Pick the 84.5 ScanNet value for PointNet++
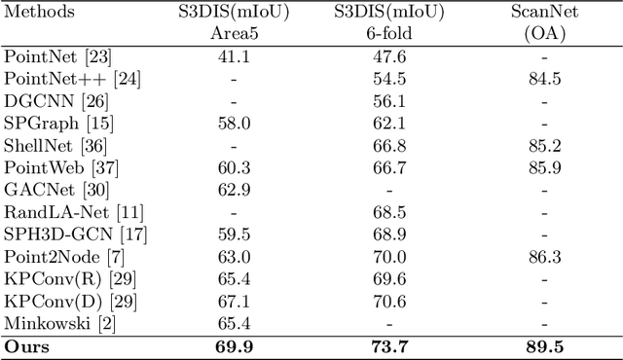pyautogui.click(x=544, y=77)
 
